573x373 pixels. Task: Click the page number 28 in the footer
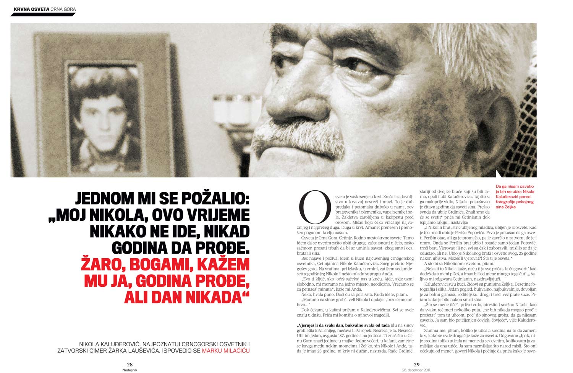pos(129,365)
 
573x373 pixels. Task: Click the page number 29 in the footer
pos(417,365)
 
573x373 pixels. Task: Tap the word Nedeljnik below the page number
pos(129,370)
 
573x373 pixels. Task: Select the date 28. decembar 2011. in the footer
pos(417,370)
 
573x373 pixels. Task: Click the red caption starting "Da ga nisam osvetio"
pos(515,196)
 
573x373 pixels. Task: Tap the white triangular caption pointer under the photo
pos(499,174)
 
